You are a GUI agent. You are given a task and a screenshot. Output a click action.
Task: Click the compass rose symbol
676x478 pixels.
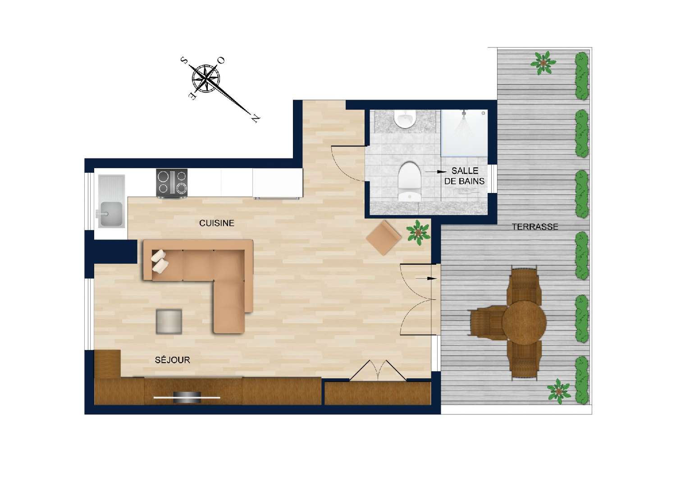click(x=206, y=77)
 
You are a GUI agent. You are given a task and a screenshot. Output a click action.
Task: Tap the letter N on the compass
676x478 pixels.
click(x=256, y=118)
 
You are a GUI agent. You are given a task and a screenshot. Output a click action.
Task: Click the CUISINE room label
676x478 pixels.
click(x=217, y=223)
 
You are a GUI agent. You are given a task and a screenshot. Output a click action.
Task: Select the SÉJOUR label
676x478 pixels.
click(x=172, y=360)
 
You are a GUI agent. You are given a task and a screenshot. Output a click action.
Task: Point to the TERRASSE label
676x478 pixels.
click(x=535, y=227)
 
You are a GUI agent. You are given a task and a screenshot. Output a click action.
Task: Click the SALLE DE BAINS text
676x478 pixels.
click(x=464, y=176)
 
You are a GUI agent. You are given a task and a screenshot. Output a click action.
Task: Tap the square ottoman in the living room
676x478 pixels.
click(x=169, y=322)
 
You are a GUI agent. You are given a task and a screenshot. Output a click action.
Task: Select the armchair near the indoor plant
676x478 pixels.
click(x=384, y=237)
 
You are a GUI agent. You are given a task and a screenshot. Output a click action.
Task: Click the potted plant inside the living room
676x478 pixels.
click(x=418, y=232)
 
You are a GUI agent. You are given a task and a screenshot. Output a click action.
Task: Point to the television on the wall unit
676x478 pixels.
click(x=187, y=397)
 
